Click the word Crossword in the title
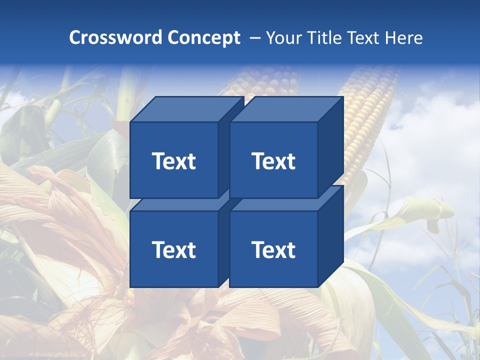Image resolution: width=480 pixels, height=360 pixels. pyautogui.click(x=115, y=37)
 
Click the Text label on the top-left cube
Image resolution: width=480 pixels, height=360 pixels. pyautogui.click(x=173, y=161)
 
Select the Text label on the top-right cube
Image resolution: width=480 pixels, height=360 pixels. pyautogui.click(x=273, y=161)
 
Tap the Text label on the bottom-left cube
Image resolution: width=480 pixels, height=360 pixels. pyautogui.click(x=173, y=249)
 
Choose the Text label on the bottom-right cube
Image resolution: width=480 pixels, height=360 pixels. pyautogui.click(x=273, y=249)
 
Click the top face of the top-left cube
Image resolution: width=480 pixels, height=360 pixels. pyautogui.click(x=187, y=109)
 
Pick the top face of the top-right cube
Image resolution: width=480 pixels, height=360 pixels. pyautogui.click(x=286, y=109)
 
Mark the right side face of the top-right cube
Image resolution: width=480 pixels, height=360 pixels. pyautogui.click(x=331, y=147)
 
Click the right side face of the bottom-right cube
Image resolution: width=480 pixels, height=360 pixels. pyautogui.click(x=331, y=236)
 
